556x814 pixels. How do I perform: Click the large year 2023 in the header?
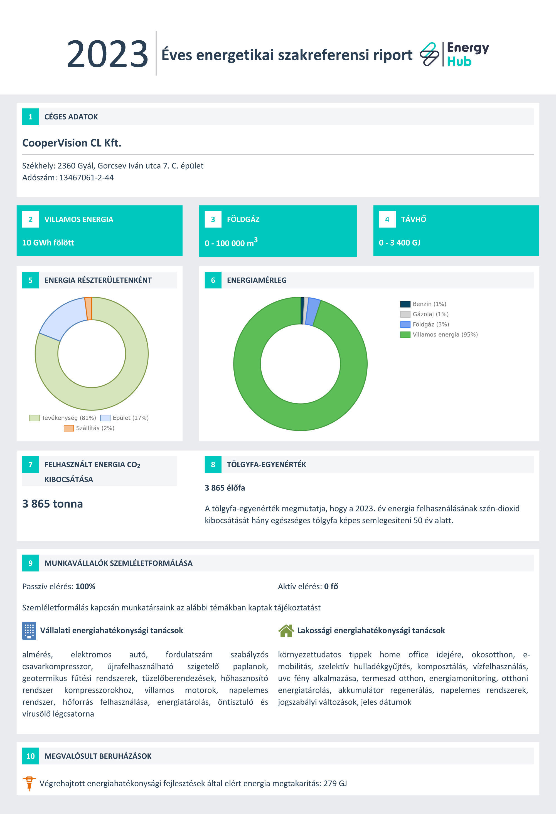[108, 54]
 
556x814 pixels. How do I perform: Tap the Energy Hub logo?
[454, 54]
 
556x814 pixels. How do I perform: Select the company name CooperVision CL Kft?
[72, 143]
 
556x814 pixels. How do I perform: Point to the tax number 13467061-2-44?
[86, 178]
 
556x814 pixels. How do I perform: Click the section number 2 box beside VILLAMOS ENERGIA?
[31, 219]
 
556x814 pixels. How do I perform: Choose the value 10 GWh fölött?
[48, 243]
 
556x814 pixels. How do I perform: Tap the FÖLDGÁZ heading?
[243, 219]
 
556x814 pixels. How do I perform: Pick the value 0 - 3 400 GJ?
[400, 243]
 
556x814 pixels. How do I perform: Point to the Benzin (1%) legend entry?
[423, 304]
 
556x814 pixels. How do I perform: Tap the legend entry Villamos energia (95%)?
[439, 335]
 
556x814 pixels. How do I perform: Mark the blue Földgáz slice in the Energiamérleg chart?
[312, 312]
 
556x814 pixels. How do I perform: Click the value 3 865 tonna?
[53, 504]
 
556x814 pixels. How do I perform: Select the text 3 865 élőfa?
[225, 488]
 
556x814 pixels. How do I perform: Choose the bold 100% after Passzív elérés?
[85, 586]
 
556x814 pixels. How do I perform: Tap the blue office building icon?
[29, 630]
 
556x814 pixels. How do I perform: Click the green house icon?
[286, 630]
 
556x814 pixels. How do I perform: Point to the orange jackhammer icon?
[29, 783]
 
